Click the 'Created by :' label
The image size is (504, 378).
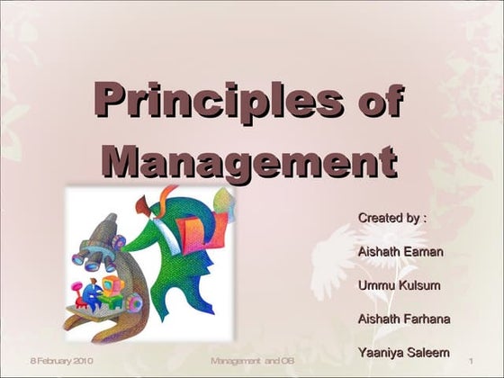tap(391, 218)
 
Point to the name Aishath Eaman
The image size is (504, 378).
tap(400, 251)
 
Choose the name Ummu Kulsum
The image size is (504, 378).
tap(400, 285)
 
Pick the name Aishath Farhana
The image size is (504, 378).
tap(404, 319)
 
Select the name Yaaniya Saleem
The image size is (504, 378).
tap(404, 352)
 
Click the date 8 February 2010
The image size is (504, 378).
tap(62, 362)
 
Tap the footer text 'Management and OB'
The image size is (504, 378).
tap(253, 362)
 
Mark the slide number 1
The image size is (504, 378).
tap(471, 362)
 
